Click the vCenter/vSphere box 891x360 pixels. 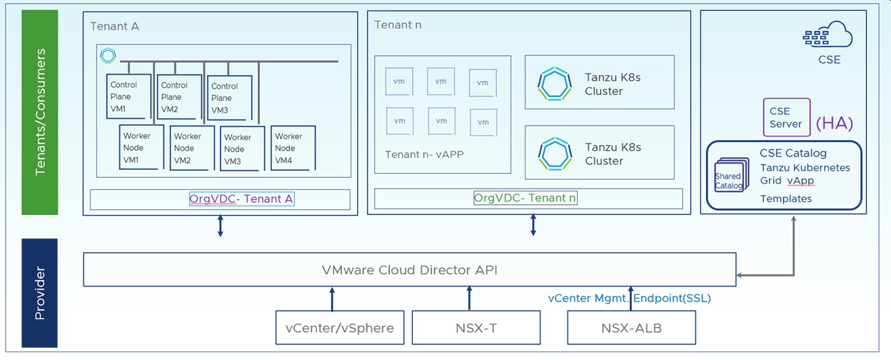coord(339,329)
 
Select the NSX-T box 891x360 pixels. coord(469,329)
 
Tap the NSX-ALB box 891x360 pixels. coord(621,329)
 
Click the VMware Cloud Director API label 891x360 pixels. coord(409,270)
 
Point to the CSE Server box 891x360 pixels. coord(786,117)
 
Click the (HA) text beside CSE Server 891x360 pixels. coord(834,123)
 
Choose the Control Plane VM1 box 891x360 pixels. coord(128,96)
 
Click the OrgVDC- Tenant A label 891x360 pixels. coord(241,199)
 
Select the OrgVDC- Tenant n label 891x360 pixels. coord(525,198)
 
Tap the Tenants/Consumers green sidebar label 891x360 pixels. coord(40,112)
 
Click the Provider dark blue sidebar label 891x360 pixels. coord(40,293)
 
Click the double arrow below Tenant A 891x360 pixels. coord(220,224)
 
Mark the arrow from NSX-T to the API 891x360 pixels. coord(469,299)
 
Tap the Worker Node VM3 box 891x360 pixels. coord(242,149)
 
